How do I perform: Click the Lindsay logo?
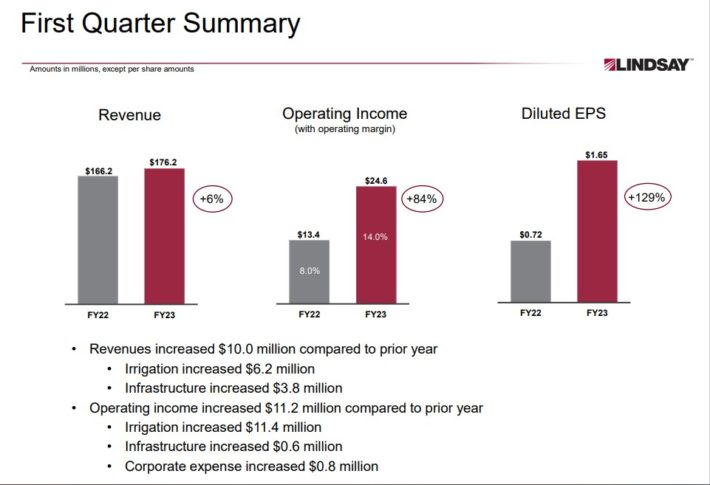pos(648,65)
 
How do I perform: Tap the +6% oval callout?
pos(211,199)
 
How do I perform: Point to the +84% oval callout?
pos(422,199)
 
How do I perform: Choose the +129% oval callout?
pos(646,197)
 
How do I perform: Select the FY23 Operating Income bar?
pos(376,244)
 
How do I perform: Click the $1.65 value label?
pos(597,152)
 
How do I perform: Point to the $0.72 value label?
pos(531,233)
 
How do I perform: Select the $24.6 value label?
pos(376,179)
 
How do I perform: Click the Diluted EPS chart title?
pos(563,114)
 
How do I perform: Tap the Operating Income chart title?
pos(345,114)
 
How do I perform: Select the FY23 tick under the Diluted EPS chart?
pos(597,313)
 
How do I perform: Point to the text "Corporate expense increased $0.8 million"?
pos(251,466)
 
